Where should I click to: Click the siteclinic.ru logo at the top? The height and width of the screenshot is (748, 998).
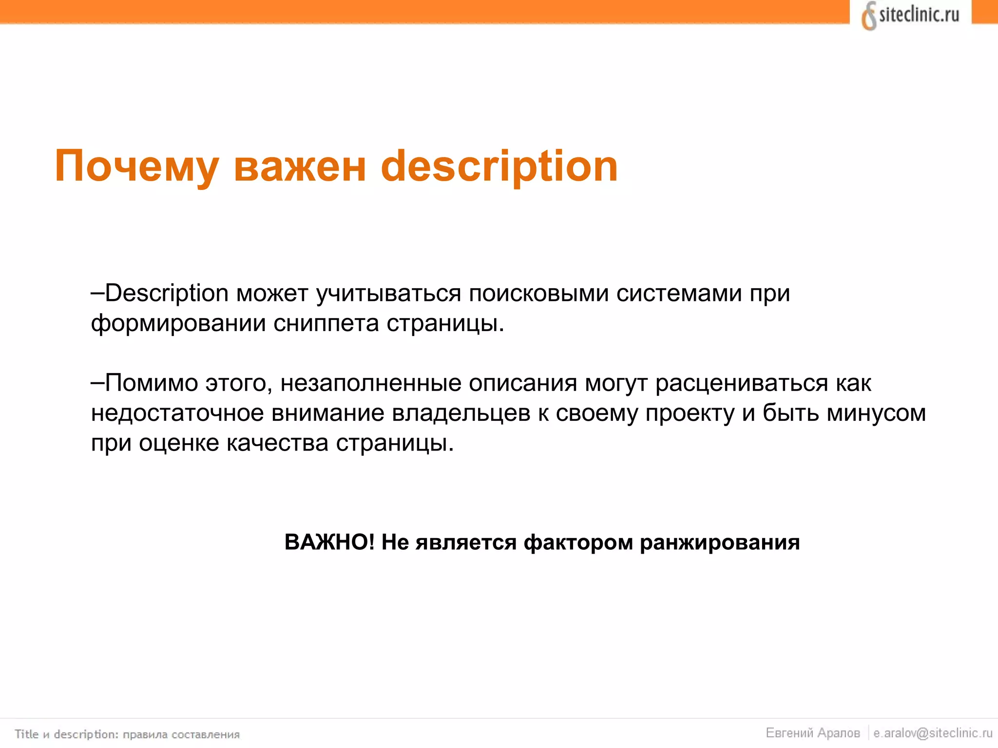pos(910,16)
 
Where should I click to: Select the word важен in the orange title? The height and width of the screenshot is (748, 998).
pos(300,167)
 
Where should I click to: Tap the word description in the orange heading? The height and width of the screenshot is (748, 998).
pos(499,167)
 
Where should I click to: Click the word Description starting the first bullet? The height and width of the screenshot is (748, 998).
pos(167,293)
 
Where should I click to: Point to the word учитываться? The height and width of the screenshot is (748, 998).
pos(388,293)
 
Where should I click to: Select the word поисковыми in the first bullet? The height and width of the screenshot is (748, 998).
pos(538,293)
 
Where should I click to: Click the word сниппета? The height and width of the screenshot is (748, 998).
pos(326,323)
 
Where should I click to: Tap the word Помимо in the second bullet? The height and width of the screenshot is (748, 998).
pos(152,383)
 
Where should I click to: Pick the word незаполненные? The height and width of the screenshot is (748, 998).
pos(371,383)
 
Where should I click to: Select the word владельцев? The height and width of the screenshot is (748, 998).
pos(461,413)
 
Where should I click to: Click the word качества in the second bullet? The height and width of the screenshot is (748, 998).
pos(277,443)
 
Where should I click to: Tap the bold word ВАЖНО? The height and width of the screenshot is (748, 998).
pos(329,542)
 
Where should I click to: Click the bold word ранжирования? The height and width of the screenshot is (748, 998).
pos(720,542)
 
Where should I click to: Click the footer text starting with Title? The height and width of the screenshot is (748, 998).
pos(127,734)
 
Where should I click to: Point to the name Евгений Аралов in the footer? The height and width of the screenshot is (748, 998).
pos(813,733)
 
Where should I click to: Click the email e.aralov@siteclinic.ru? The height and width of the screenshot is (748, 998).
pos(933,733)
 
